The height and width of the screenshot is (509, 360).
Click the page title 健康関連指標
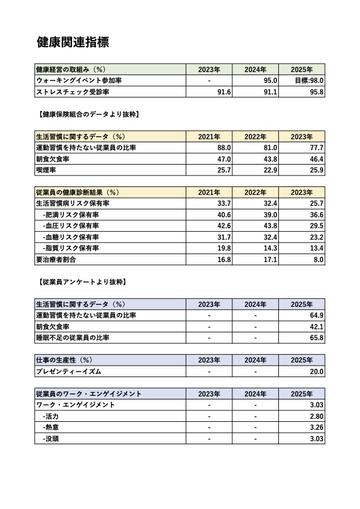click(73, 42)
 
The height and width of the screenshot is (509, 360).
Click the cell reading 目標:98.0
click(309, 80)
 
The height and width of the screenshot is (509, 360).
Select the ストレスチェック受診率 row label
click(73, 92)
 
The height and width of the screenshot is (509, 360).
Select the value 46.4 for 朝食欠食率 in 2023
click(316, 159)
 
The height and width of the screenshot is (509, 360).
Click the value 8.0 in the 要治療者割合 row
click(318, 260)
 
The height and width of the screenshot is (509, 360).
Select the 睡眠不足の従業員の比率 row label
click(82, 338)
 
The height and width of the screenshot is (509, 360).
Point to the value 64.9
click(316, 315)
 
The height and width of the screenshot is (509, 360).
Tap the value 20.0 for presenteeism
click(316, 372)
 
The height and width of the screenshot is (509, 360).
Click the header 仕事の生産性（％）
click(65, 360)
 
